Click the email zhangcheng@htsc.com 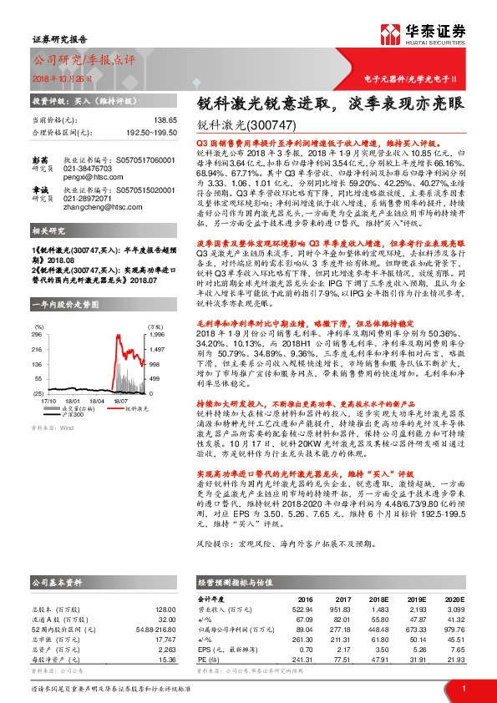click(117, 224)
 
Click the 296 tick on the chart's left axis click(37, 334)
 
